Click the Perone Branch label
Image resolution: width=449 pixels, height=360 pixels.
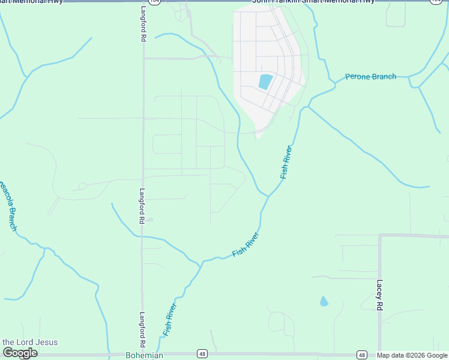370,77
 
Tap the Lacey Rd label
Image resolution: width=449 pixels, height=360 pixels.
379,295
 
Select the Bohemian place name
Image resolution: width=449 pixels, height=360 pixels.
144,356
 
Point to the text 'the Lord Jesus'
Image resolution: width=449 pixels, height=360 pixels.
29,342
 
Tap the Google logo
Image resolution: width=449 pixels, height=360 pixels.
20,353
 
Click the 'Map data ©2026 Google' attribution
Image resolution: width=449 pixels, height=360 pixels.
412,355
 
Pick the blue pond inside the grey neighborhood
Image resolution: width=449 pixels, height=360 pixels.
265,82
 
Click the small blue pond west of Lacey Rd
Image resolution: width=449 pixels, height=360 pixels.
324,301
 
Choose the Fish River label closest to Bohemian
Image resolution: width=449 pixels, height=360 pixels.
170,320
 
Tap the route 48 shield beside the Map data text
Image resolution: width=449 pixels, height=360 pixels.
362,355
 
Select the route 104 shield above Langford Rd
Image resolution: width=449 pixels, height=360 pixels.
155,2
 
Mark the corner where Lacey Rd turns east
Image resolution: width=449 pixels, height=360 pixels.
380,236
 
